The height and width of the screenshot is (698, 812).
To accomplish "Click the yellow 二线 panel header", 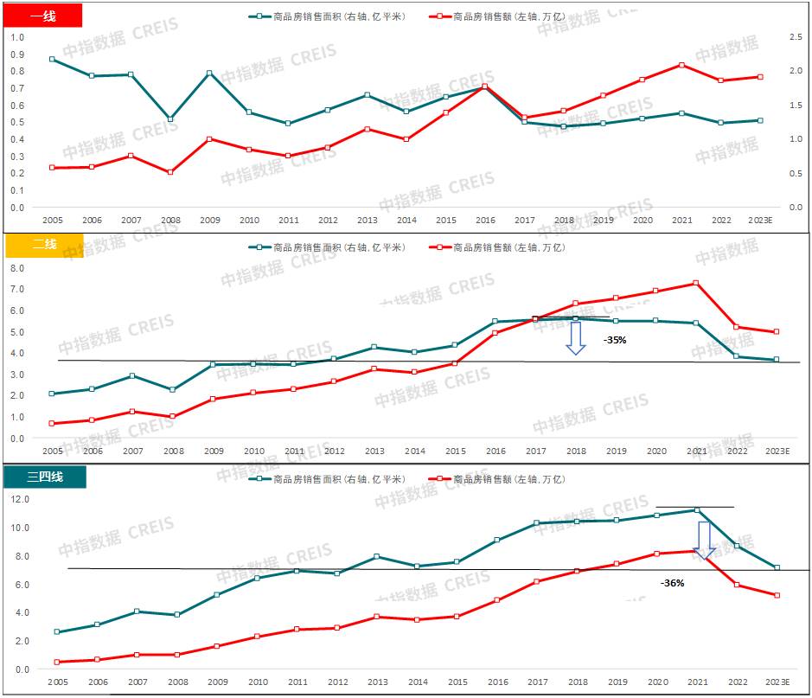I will [44, 245].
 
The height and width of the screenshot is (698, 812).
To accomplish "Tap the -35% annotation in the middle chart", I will [615, 340].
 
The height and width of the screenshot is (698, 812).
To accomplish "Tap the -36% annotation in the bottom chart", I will [672, 583].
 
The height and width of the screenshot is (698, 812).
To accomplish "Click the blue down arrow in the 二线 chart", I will [575, 337].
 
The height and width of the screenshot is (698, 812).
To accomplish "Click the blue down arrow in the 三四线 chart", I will [705, 540].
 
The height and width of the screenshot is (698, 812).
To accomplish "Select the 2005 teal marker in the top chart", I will [52, 60].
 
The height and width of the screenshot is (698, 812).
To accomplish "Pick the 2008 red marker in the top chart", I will [170, 172].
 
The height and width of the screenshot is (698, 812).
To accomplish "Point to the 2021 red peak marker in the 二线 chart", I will [696, 283].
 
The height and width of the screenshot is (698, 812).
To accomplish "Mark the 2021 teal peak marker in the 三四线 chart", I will [697, 510].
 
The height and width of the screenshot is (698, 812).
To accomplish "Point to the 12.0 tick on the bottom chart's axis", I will [19, 499].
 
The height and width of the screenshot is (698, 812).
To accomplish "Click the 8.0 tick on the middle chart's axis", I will [18, 268].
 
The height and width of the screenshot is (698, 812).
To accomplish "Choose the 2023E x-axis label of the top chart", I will [761, 221].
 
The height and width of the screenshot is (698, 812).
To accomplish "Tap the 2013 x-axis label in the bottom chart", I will [377, 682].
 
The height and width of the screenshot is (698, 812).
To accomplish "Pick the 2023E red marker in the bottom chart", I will [777, 595].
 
